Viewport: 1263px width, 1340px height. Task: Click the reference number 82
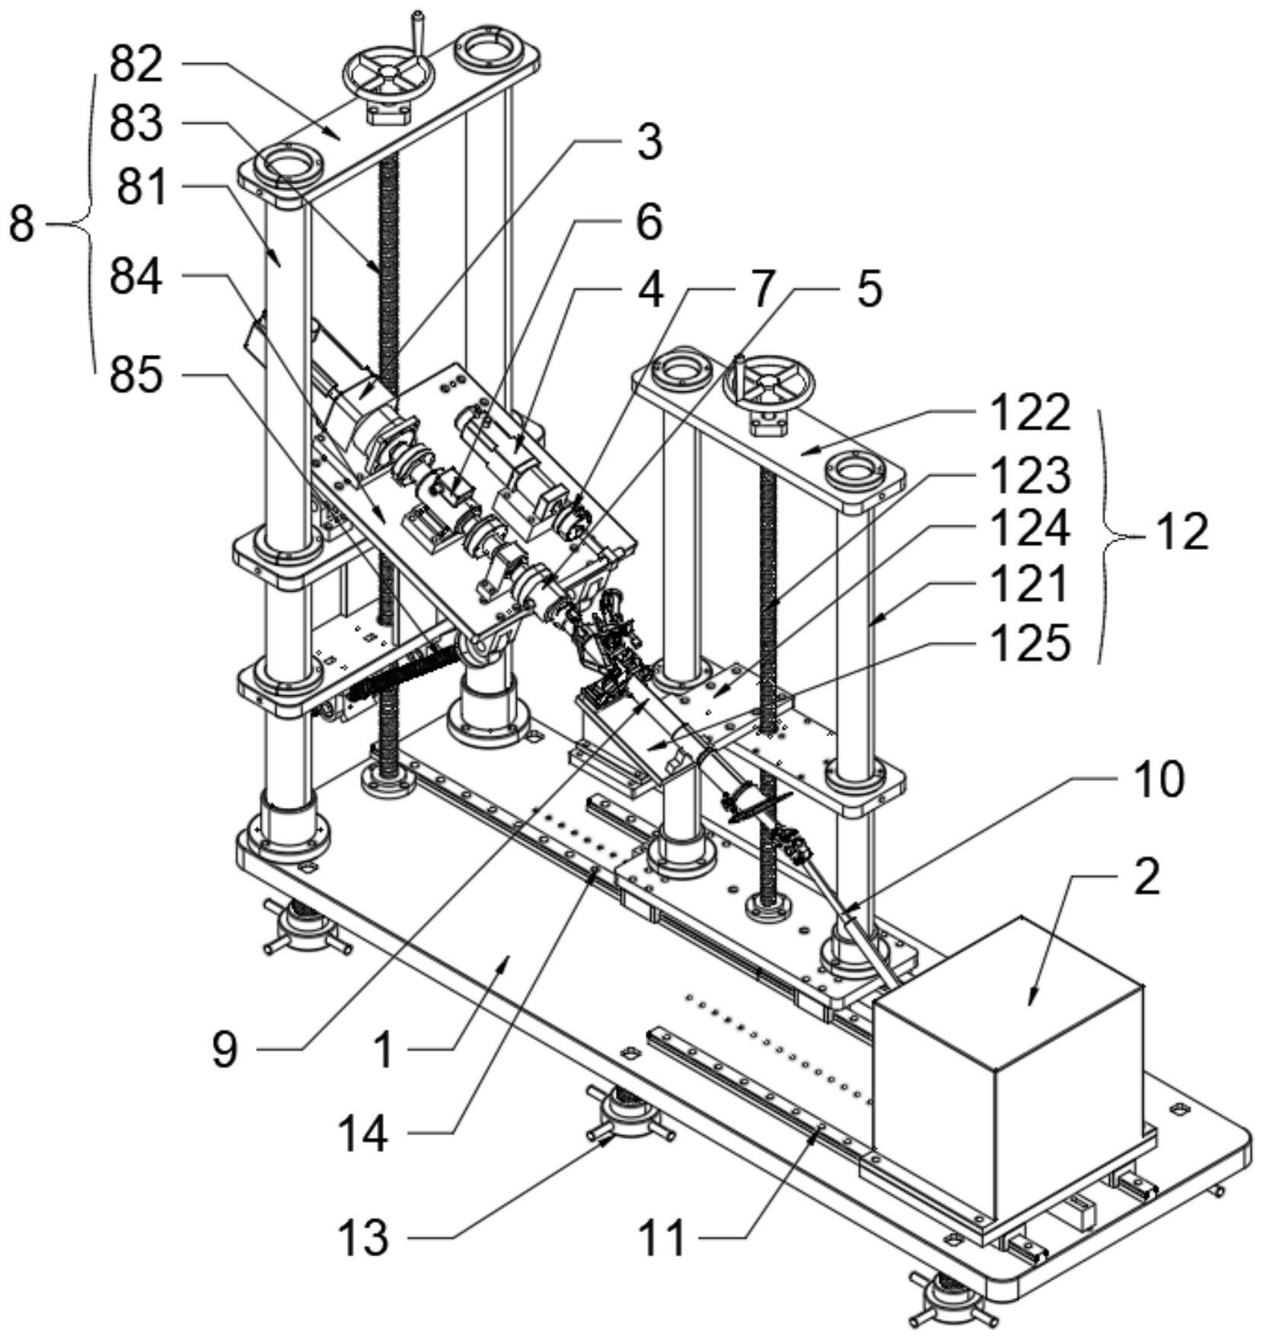click(x=136, y=65)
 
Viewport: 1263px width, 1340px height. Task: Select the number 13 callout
click(x=363, y=1238)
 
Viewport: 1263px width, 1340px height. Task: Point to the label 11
click(x=661, y=1238)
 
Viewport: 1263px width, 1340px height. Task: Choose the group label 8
click(x=22, y=225)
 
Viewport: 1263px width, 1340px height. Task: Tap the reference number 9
click(x=225, y=1049)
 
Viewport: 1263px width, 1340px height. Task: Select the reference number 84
click(x=136, y=276)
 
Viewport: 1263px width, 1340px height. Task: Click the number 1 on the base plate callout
click(x=384, y=1049)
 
